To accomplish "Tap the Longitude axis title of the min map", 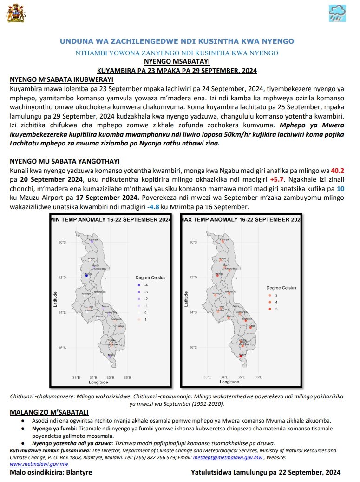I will pos(98,382).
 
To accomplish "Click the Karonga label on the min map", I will pos(94,239).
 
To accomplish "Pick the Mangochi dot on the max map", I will pos(247,320).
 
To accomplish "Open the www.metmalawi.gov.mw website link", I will pos(39,464).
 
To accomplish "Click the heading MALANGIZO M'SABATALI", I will pos(49,413).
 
